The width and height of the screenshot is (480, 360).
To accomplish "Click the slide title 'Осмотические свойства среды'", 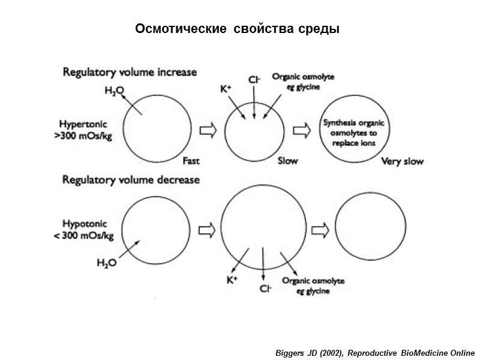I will [x=237, y=29].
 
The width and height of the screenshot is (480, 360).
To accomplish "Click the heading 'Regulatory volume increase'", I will [x=130, y=72].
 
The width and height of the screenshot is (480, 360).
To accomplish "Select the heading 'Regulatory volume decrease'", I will [x=131, y=179].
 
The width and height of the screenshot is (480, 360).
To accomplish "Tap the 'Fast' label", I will [x=191, y=161].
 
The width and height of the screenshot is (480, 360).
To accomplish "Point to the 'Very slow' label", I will [x=403, y=161].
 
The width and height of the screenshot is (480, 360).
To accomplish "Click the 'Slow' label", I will [x=287, y=161].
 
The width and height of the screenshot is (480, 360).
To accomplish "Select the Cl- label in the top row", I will [x=254, y=79].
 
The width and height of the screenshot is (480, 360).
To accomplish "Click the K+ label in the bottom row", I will [x=232, y=280].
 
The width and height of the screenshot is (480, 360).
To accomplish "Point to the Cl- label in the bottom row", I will [x=265, y=289].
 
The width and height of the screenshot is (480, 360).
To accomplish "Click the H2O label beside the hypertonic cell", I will [x=114, y=91].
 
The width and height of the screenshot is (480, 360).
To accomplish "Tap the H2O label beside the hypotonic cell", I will [x=106, y=262].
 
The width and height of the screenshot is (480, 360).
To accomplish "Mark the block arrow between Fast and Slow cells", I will [x=208, y=130].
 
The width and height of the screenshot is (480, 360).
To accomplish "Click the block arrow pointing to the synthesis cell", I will [x=301, y=130].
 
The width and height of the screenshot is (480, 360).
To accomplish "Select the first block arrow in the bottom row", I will [x=206, y=229].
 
